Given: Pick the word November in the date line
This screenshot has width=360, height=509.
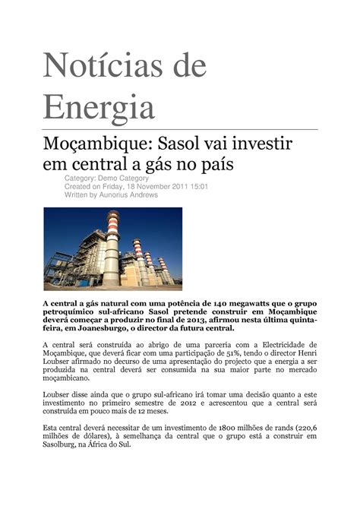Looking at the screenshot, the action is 146,186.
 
